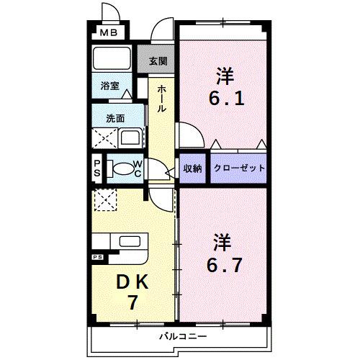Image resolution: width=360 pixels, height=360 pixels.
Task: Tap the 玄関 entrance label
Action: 158,61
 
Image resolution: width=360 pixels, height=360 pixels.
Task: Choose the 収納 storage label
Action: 193,168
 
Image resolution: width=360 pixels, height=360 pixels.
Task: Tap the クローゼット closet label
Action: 239,168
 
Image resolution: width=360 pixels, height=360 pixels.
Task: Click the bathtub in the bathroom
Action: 111,58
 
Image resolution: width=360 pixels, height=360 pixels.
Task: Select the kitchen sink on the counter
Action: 130,242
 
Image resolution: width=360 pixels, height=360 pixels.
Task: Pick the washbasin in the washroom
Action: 131,137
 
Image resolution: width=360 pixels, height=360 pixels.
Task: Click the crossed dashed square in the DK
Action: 105,199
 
